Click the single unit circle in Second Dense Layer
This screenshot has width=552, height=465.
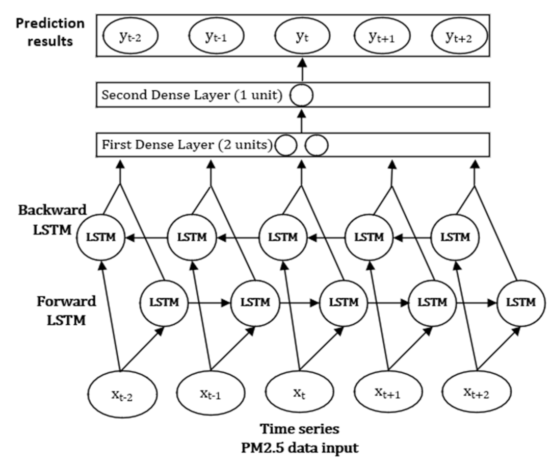tap(301, 95)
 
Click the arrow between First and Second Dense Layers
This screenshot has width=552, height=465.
tap(302, 121)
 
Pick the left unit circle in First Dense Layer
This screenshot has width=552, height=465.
tap(285, 146)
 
